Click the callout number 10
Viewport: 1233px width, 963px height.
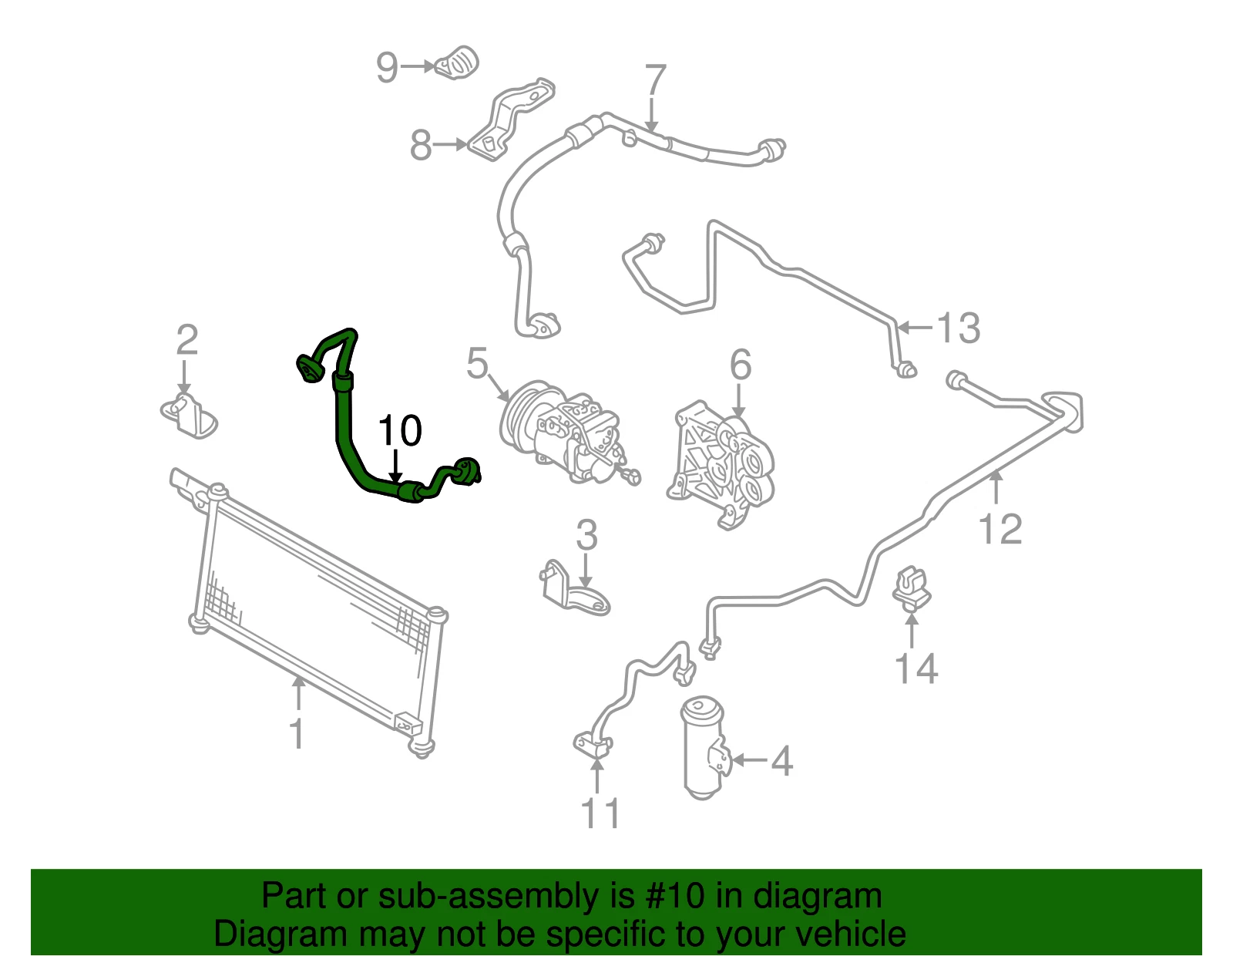pyautogui.click(x=400, y=430)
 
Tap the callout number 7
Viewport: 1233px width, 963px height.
pyautogui.click(x=655, y=80)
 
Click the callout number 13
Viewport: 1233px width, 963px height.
pyautogui.click(x=959, y=328)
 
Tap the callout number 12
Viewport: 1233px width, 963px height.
pyautogui.click(x=1000, y=529)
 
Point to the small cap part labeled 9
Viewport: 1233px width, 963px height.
pyautogui.click(x=457, y=62)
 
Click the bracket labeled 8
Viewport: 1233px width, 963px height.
pyautogui.click(x=511, y=120)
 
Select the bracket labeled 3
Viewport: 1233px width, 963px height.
pyautogui.click(x=573, y=588)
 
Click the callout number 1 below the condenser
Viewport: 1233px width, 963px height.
pyautogui.click(x=297, y=733)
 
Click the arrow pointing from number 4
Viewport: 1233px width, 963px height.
pyautogui.click(x=749, y=759)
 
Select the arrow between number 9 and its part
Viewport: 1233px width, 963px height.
pyautogui.click(x=418, y=66)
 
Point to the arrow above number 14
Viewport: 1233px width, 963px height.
pyautogui.click(x=912, y=630)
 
